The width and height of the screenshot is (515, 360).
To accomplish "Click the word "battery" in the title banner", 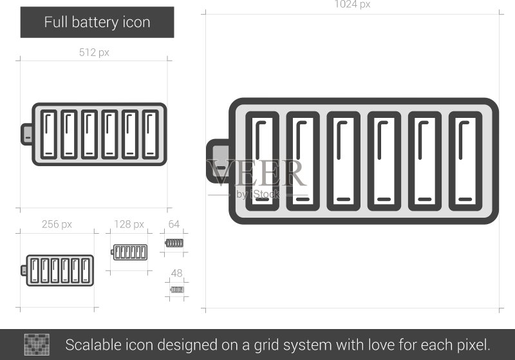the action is (95, 23).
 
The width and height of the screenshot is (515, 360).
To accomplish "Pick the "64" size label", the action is (174, 224).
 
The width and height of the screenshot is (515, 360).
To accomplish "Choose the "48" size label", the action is (176, 273).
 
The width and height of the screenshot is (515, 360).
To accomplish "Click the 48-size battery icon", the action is (177, 289).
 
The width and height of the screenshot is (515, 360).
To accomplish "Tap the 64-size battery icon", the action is (174, 243).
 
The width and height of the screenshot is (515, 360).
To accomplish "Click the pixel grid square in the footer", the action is (37, 345).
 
